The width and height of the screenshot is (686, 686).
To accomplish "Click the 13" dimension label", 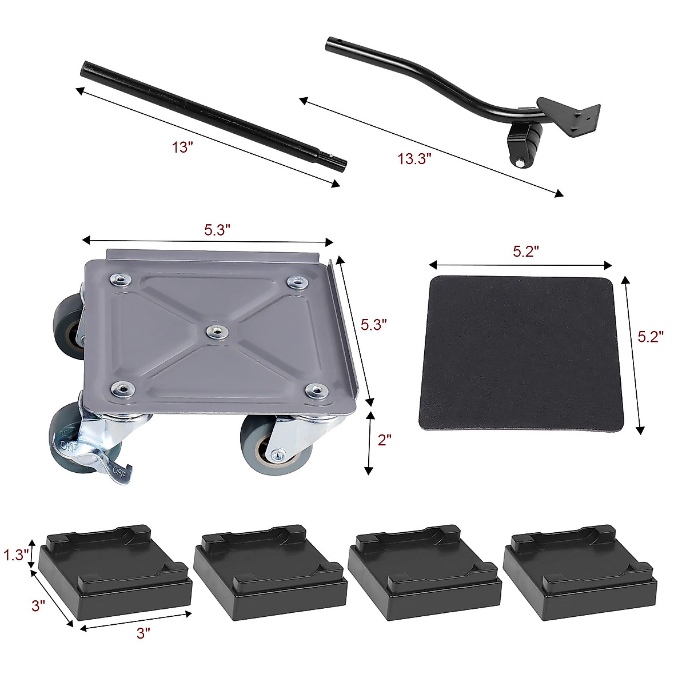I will (183, 147).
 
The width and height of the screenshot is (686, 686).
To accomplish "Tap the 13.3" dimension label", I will (414, 159).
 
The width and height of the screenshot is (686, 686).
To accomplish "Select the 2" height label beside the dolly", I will (385, 440).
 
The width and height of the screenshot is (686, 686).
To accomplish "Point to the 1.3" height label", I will (15, 554).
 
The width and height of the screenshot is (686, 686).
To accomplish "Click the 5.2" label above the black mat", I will (524, 252).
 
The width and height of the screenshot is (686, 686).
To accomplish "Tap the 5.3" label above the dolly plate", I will (217, 230).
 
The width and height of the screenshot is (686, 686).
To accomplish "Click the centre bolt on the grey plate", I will (216, 330).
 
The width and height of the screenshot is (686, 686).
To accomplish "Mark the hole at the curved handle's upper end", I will (338, 42).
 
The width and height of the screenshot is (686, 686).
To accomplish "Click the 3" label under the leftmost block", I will (143, 633).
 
